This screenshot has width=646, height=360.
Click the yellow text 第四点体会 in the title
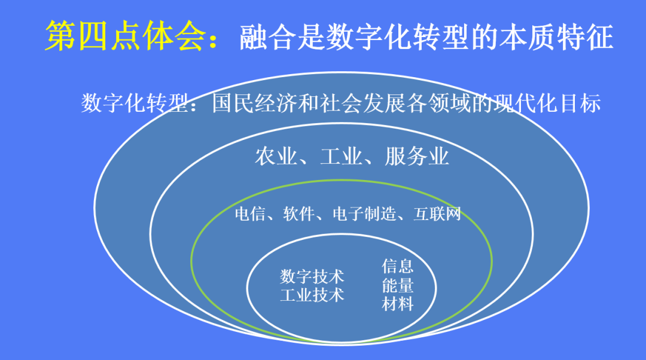click(x=125, y=36)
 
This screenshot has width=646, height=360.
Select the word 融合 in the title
click(x=268, y=37)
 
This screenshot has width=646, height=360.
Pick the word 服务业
click(x=417, y=157)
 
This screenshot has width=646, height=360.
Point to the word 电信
click(x=250, y=213)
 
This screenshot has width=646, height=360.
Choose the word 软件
click(x=298, y=213)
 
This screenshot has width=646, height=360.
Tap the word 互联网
click(x=437, y=213)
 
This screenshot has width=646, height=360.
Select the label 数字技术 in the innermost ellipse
click(x=312, y=276)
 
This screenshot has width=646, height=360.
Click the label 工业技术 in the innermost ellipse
click(x=312, y=295)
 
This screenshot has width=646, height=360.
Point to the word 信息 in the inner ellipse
click(x=398, y=266)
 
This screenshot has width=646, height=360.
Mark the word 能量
click(x=398, y=285)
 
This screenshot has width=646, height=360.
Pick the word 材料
click(x=398, y=304)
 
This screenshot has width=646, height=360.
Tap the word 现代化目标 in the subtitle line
click(x=547, y=103)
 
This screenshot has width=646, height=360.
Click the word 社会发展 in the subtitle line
click(x=362, y=103)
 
